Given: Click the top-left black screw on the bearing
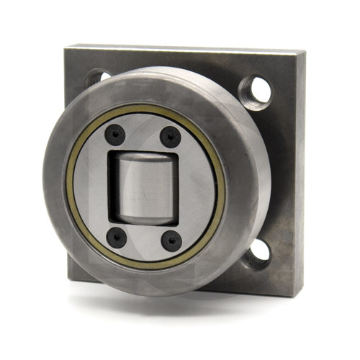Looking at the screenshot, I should tap(115, 134).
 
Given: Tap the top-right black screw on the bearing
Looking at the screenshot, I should tap(171, 135).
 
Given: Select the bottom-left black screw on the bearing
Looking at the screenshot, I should tap(116, 236).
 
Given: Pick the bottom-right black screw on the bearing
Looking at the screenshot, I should tap(170, 239).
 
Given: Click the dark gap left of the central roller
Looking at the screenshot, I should tap(112, 186).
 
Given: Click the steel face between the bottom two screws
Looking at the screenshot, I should tap(143, 240).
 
